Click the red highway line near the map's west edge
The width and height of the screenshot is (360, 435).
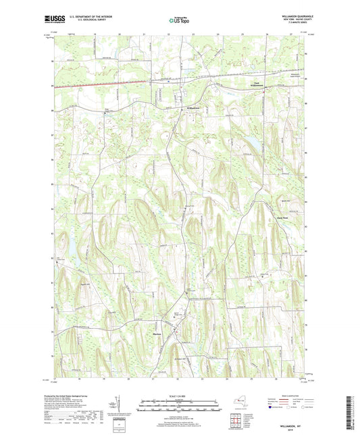[x=68, y=86]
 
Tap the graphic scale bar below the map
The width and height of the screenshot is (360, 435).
[x=179, y=407]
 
